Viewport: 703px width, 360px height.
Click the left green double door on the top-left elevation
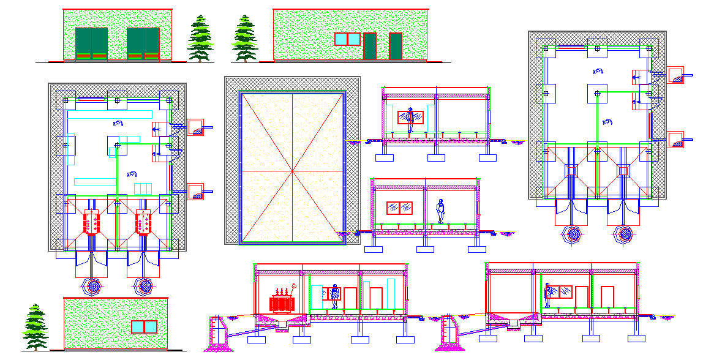91,43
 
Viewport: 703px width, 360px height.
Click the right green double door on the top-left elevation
143,43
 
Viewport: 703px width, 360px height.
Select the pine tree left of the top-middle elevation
245,39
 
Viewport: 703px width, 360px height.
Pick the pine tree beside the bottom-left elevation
35,327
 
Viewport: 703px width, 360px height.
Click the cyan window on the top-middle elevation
347,39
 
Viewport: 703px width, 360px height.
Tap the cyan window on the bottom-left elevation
144,327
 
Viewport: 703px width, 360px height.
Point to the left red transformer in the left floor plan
91,222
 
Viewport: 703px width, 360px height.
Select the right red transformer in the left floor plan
143,222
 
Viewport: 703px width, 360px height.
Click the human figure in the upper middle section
410,119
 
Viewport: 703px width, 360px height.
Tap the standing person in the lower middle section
440,211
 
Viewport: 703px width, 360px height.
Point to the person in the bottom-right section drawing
548,295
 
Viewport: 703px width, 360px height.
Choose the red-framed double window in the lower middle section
399,208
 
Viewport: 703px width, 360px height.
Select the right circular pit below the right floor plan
624,233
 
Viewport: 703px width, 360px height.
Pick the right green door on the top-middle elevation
395,46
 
